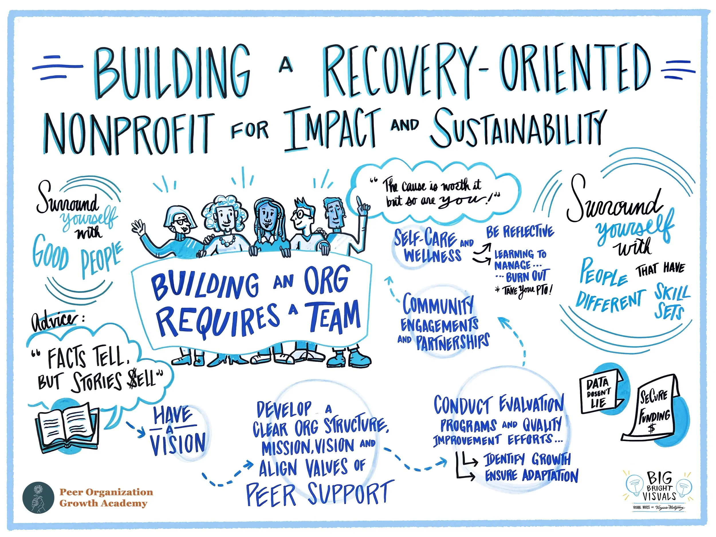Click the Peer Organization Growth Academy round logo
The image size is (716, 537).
(x=38, y=497)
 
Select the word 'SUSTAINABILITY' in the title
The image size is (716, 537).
(x=518, y=128)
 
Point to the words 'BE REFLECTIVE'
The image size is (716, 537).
(x=520, y=232)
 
